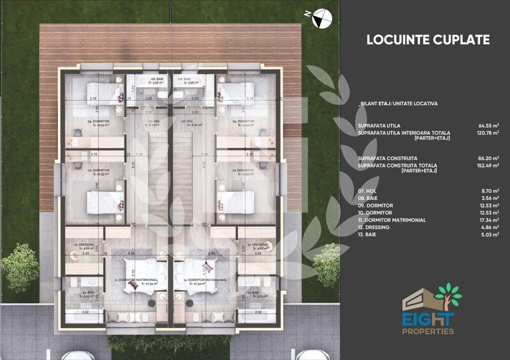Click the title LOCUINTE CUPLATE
click(x=428, y=40)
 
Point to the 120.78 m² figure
click(x=486, y=133)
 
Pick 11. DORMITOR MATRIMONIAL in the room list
click(x=391, y=220)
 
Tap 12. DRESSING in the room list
click(x=374, y=227)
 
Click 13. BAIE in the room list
click(x=368, y=235)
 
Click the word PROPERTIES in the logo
click(x=428, y=331)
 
